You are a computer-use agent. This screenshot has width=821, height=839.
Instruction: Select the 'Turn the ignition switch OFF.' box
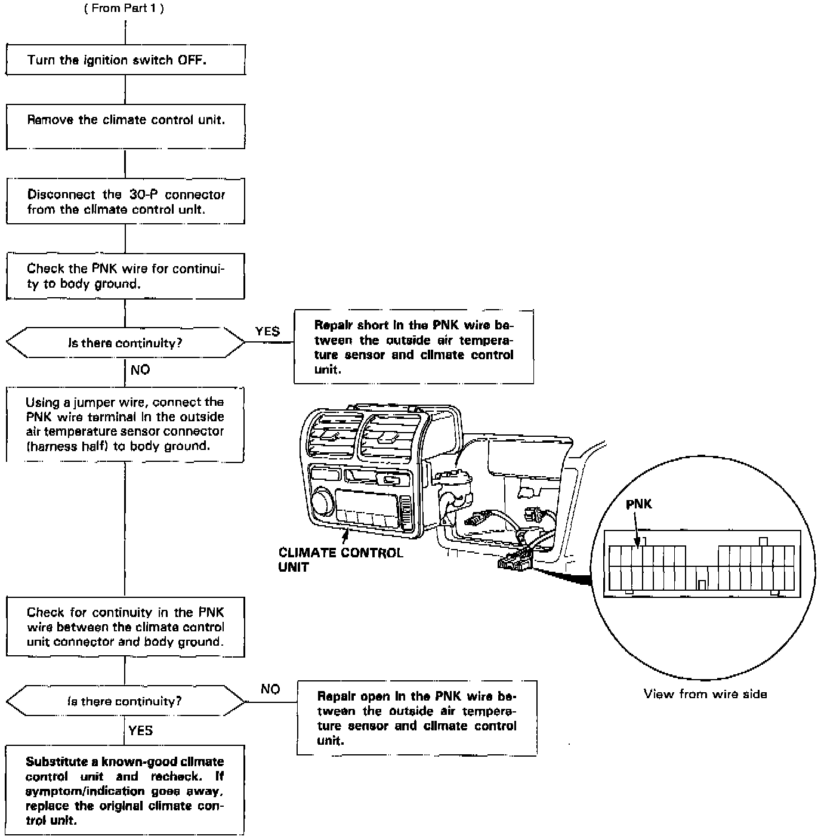click(x=125, y=60)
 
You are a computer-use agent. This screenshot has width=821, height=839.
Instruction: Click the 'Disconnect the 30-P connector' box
click(x=125, y=201)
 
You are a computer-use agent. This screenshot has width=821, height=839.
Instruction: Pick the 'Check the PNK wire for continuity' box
click(x=125, y=276)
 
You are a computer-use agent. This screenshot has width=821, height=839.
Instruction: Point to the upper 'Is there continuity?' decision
click(x=125, y=343)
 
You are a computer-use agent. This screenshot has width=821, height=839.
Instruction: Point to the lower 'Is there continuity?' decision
click(x=125, y=701)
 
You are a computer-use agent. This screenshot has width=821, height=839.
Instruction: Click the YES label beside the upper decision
click(x=267, y=332)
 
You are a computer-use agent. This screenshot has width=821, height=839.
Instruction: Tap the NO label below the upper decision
click(x=140, y=370)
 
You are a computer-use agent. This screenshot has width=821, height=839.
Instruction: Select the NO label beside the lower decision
click(x=270, y=689)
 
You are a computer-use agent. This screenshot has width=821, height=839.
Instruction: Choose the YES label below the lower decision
click(x=141, y=730)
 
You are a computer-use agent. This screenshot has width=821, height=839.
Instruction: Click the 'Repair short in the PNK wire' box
click(x=413, y=347)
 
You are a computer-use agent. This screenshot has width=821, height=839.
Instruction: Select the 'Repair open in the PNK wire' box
click(x=416, y=718)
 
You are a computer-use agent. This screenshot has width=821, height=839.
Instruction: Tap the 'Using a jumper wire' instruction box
click(x=125, y=424)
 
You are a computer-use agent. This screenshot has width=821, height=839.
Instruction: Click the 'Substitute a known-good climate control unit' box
click(x=125, y=790)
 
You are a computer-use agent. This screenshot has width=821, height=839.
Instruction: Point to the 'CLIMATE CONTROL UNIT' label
click(x=340, y=559)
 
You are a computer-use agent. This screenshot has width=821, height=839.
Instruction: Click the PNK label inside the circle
click(x=639, y=504)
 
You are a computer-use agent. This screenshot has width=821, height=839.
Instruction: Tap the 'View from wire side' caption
click(x=705, y=694)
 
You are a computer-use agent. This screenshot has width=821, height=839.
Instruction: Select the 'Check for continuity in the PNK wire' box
click(x=125, y=627)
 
